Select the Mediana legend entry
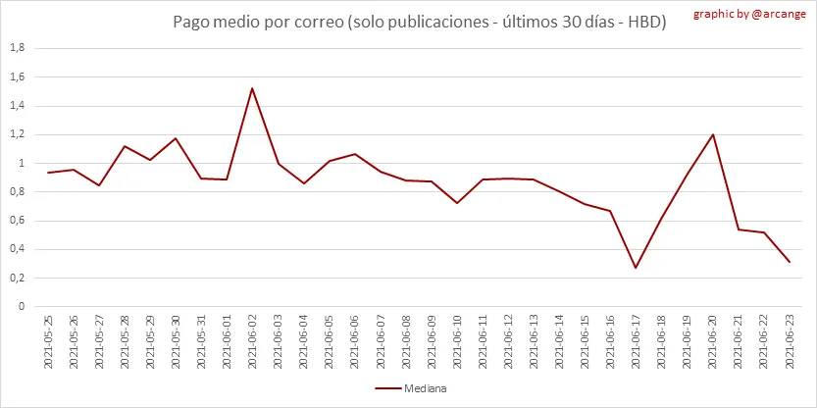[411, 388]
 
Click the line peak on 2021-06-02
[252, 88]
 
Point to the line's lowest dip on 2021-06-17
[636, 268]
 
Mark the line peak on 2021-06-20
[712, 134]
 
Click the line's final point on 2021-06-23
[790, 262]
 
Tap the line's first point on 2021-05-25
[48, 173]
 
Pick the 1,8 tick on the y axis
[17, 48]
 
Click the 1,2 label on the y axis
[17, 134]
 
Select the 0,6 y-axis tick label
[17, 221]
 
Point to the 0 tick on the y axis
[22, 306]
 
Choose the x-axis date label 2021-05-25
[48, 343]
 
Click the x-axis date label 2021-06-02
[252, 343]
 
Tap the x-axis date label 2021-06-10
[457, 343]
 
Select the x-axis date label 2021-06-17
[636, 343]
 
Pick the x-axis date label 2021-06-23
[790, 343]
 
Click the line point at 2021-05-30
[176, 138]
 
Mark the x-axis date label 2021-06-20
[712, 343]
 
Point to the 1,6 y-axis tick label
[17, 76]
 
